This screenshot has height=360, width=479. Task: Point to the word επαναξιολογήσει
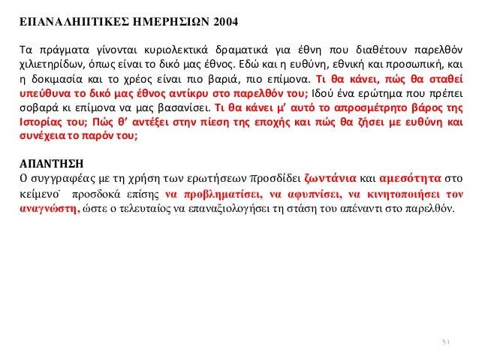[x=273, y=210]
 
